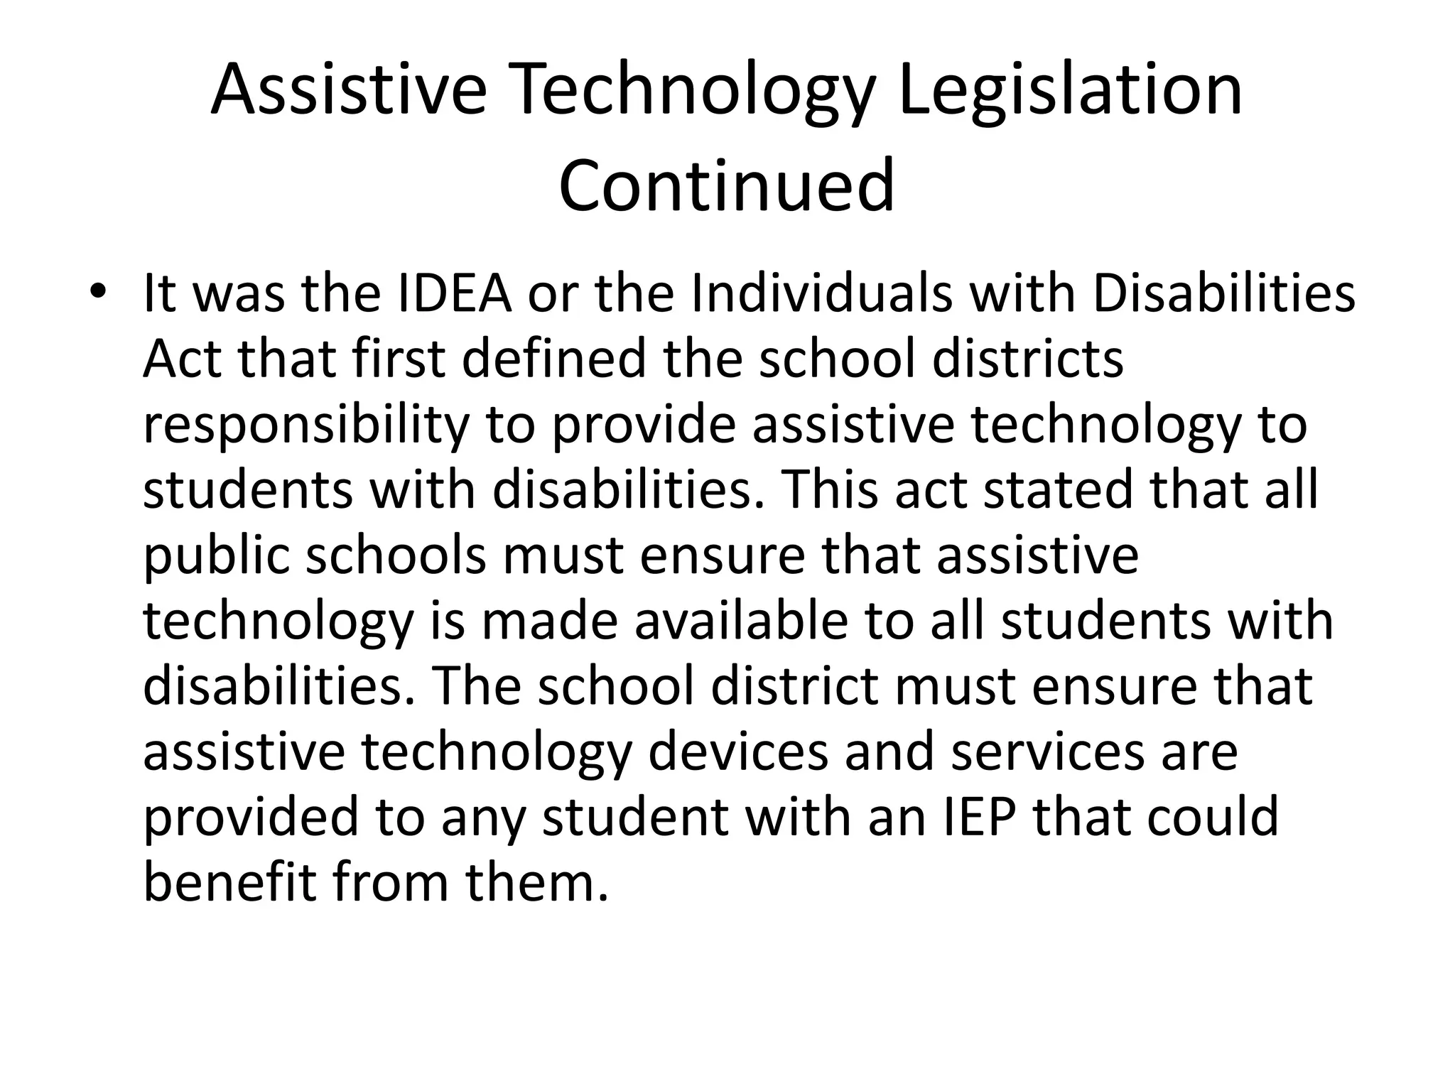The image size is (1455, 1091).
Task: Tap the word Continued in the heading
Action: click(x=726, y=186)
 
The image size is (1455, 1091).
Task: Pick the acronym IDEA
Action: click(x=454, y=294)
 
